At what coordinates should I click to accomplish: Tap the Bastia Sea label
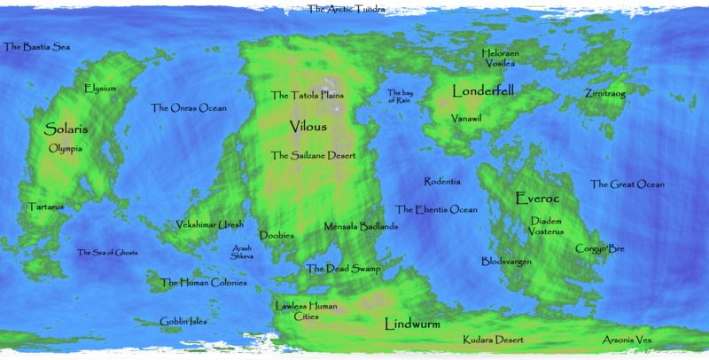37,46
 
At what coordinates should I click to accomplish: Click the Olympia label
66,148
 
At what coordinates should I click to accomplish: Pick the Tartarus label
46,207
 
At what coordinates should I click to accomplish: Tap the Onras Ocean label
188,108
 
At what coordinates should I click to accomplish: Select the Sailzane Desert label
314,155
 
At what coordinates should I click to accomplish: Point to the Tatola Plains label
308,95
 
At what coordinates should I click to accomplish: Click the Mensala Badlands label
361,226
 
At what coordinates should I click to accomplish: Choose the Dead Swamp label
343,269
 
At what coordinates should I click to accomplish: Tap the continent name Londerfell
483,90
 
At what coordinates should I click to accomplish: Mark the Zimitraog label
604,93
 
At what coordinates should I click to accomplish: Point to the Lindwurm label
412,325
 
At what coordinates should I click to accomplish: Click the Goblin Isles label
183,321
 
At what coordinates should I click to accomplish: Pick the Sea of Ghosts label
107,253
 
